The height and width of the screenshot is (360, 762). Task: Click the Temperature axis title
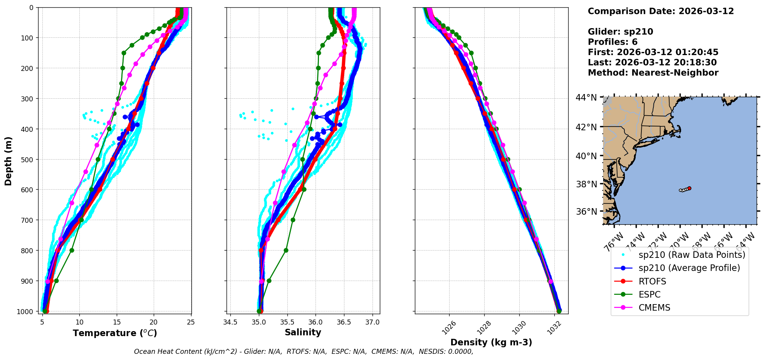point(115,333)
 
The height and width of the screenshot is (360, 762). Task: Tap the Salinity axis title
point(303,332)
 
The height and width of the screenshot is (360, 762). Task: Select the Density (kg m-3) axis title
point(491,342)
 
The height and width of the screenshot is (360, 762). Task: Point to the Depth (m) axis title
point(8,161)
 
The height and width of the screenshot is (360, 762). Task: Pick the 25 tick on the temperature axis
point(191,322)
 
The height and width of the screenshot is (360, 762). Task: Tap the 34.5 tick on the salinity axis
point(230,322)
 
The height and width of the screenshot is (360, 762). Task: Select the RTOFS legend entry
point(652,281)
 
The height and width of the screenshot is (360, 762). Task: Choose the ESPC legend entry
point(650,294)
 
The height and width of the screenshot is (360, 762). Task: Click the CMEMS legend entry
point(654,308)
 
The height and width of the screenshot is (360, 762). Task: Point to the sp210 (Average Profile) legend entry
point(689,268)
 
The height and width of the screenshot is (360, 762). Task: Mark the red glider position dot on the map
point(689,188)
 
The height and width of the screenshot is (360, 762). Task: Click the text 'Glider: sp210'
point(620,32)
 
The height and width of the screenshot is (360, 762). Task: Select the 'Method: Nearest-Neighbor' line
point(653,73)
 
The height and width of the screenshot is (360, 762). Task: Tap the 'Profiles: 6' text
point(613,42)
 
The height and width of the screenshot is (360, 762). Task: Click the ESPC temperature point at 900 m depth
point(56,281)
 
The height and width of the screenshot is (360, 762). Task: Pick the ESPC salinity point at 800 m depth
point(286,250)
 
